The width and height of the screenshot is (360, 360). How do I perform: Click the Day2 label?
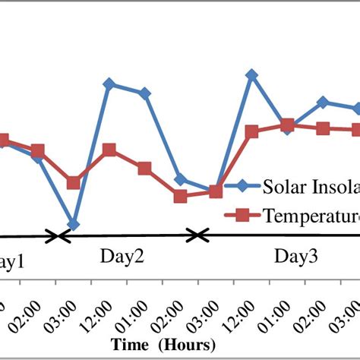pyautogui.click(x=122, y=257)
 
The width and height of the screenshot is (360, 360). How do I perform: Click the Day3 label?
pyautogui.click(x=296, y=257)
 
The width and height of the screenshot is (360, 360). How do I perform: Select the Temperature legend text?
pyautogui.click(x=311, y=216)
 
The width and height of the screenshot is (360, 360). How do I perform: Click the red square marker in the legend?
pyautogui.click(x=242, y=216)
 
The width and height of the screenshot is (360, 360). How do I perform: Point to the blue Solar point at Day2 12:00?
pyautogui.click(x=109, y=84)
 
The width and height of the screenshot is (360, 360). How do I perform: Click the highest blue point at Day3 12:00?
pyautogui.click(x=251, y=74)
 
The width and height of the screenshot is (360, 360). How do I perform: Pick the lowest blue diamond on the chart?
pyautogui.click(x=74, y=225)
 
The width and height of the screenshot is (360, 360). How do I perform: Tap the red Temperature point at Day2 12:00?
pyautogui.click(x=109, y=150)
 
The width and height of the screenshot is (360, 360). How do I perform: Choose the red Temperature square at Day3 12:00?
pyautogui.click(x=252, y=132)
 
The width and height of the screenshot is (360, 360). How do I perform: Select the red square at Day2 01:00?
pyautogui.click(x=144, y=168)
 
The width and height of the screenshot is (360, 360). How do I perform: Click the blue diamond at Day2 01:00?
pyautogui.click(x=144, y=93)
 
